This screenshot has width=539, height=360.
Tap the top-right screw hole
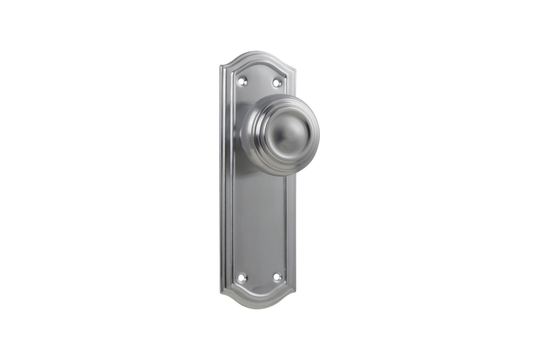[276, 82]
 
